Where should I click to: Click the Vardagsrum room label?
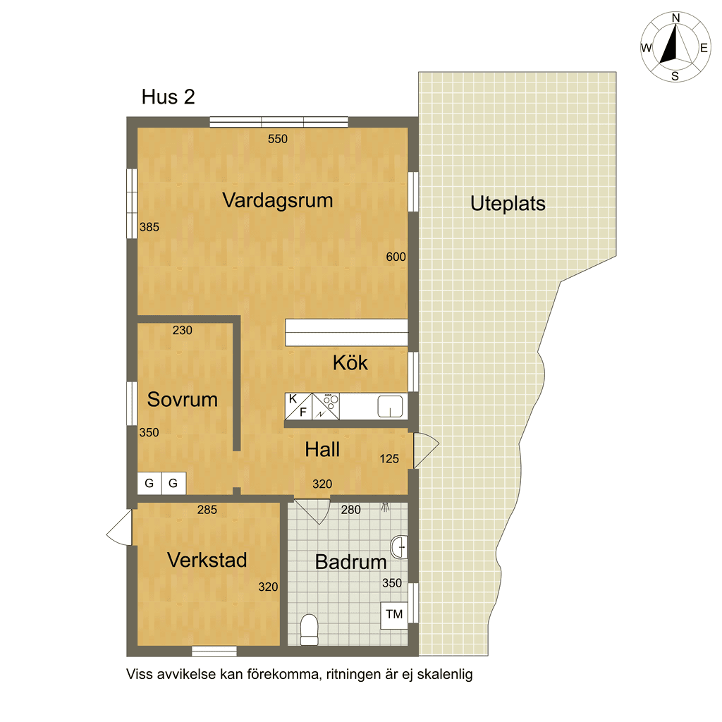(x=278, y=201)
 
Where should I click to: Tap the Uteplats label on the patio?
(x=508, y=204)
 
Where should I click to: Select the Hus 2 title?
(x=168, y=97)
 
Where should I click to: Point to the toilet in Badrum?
(x=309, y=630)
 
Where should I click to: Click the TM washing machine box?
(x=394, y=615)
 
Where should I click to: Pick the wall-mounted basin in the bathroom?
(x=399, y=547)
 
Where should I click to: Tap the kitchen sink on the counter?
(x=390, y=407)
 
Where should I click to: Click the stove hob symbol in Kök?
(x=326, y=406)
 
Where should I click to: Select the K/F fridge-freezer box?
(x=298, y=406)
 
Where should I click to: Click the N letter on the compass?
(x=676, y=18)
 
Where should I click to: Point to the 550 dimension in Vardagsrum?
(x=278, y=139)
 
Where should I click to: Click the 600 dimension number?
(x=396, y=257)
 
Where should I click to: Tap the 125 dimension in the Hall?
(x=389, y=458)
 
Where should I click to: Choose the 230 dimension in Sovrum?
(x=183, y=330)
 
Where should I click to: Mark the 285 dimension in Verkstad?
(x=207, y=510)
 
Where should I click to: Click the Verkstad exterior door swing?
(x=120, y=527)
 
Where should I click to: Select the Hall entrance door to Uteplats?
(x=426, y=451)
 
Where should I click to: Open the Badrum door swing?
(x=312, y=512)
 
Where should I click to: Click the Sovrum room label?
(x=183, y=400)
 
